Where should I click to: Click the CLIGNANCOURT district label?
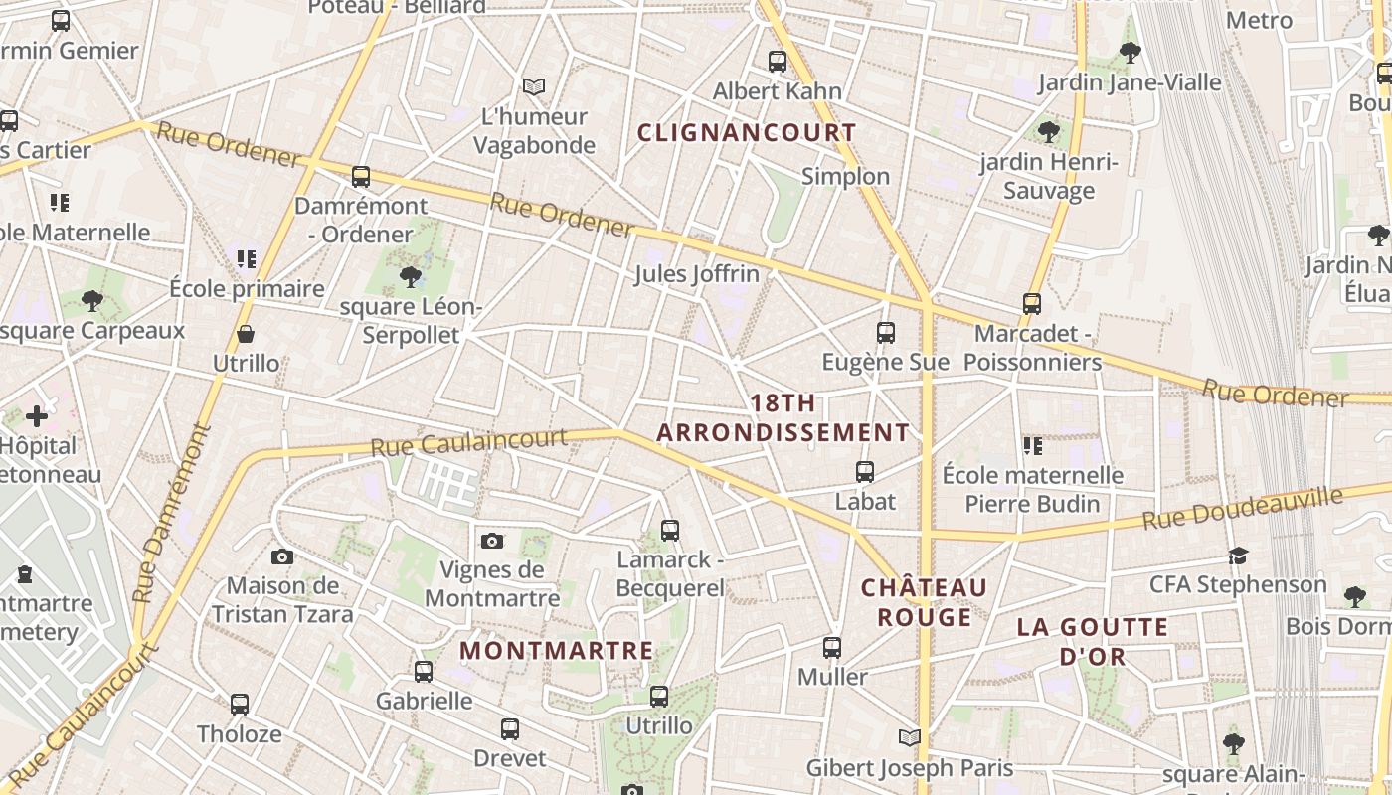coord(746,132)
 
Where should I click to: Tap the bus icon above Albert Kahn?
coord(778,62)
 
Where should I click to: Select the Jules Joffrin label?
coord(696,273)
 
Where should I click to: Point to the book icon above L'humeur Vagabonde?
coord(534,87)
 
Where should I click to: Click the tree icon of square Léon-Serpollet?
coord(410,276)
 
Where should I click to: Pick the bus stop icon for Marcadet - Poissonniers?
coord(1032,304)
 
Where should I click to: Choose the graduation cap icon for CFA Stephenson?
coord(1238,556)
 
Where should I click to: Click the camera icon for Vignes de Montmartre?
coord(491,541)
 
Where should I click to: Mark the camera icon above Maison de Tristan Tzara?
coord(282,556)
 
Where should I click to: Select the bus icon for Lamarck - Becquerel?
coord(670,531)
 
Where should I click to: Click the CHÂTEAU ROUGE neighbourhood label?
coord(925,602)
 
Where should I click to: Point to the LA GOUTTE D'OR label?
coord(1092,641)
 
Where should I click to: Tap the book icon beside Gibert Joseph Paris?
coord(909,737)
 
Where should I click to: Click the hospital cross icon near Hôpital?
coord(37,415)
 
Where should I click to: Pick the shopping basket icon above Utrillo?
coord(246,334)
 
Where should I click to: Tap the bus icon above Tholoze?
coord(240,705)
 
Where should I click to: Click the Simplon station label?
coord(845,176)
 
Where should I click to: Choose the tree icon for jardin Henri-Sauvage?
coord(1048,131)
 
